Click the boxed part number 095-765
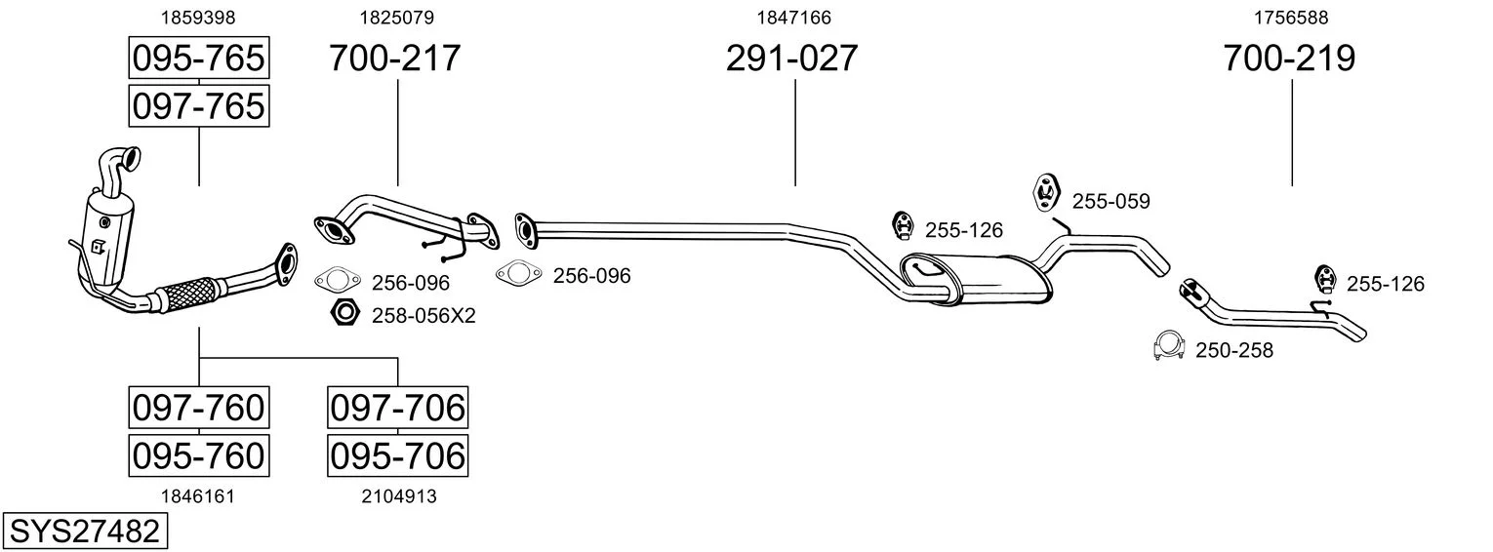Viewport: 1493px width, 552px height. coord(199,58)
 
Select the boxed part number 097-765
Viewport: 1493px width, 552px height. coord(199,106)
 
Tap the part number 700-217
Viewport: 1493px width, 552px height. coord(394,58)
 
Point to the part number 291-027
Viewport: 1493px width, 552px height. coord(791,58)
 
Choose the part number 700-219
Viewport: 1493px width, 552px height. coord(1289,58)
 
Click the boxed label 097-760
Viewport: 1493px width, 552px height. coord(199,408)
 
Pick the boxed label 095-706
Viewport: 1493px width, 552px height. coord(398,455)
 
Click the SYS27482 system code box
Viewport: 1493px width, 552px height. coord(85,532)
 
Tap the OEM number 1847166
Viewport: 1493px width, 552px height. coord(793,18)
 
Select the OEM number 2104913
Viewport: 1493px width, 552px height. coord(399,496)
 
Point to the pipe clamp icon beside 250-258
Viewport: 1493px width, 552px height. coord(1168,346)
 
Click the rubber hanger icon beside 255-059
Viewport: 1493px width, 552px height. coord(1046,193)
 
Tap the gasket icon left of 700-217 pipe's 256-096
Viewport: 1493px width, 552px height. coord(338,280)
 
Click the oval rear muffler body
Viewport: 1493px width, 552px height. coord(977,280)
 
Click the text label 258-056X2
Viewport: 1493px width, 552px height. coord(424,316)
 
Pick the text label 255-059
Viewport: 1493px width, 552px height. coord(1111,201)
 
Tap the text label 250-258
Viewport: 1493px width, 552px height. coord(1234,350)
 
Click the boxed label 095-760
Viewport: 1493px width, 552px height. coord(199,455)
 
